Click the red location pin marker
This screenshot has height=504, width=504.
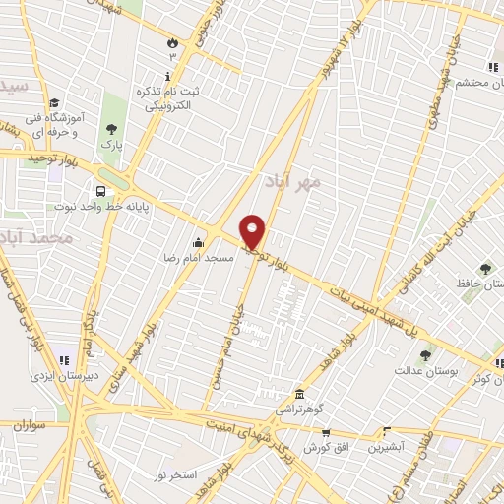tap(253, 232)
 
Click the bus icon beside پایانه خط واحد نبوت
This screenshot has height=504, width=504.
tap(100, 192)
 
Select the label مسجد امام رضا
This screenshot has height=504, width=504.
tap(199, 258)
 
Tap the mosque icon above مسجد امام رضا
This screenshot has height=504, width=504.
tap(200, 243)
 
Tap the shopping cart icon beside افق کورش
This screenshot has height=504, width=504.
tap(325, 433)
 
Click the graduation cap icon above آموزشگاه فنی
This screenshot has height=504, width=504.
tap(54, 102)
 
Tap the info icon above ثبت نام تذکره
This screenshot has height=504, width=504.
tap(173, 77)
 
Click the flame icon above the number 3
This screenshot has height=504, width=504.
tap(173, 42)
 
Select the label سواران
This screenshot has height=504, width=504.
tap(31, 424)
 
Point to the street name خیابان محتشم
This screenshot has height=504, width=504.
tap(472, 67)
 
